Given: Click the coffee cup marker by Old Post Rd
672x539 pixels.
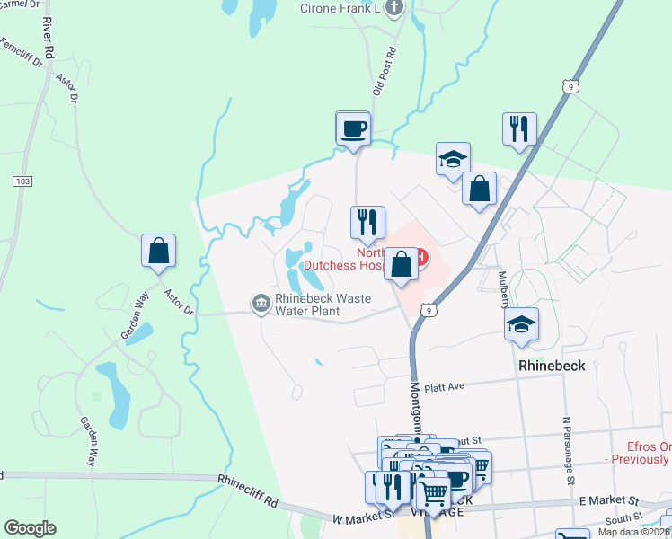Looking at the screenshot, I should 353,128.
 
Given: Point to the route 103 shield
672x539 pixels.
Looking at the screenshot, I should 22,181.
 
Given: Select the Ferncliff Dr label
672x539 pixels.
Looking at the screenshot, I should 20,54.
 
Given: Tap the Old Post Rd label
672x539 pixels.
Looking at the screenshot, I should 384,72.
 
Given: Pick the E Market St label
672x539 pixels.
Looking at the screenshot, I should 608,500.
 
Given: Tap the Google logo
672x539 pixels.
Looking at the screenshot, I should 30,528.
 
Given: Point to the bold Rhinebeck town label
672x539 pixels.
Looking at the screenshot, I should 552,367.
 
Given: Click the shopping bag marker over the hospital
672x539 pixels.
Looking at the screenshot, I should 402,265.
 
